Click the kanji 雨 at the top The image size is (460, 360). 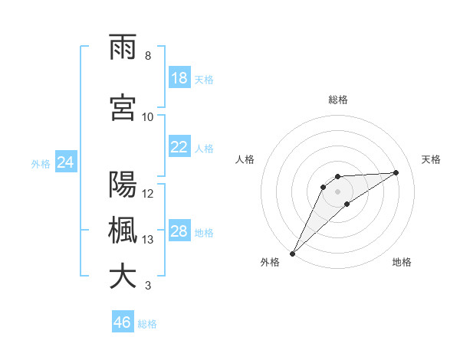point(123,48)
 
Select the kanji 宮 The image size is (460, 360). point(123,109)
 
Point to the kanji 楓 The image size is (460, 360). point(123,231)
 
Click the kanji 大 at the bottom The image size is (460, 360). point(123,277)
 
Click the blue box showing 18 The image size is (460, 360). point(179,78)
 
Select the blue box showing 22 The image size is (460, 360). point(179,147)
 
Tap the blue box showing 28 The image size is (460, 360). point(179,231)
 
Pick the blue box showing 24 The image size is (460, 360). point(66,162)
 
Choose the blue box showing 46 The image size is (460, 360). point(123,322)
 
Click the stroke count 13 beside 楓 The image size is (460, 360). point(148,240)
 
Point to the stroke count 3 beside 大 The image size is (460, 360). point(148,286)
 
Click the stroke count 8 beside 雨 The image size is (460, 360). point(148,56)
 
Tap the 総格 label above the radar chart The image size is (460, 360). point(338,100)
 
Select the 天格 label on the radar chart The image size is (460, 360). point(431,159)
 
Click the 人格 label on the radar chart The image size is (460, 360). point(245,159)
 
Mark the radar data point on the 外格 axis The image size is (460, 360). point(292,253)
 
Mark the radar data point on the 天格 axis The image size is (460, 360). point(396,172)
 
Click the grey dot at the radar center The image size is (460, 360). point(338,191)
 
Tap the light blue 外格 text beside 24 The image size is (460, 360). point(41,163)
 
